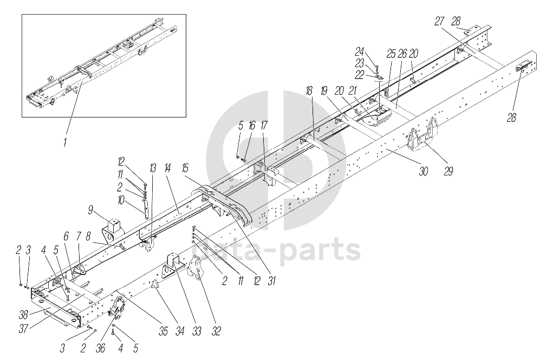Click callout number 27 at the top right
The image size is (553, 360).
(x=439, y=21)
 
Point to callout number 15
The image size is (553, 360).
(x=185, y=166)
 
